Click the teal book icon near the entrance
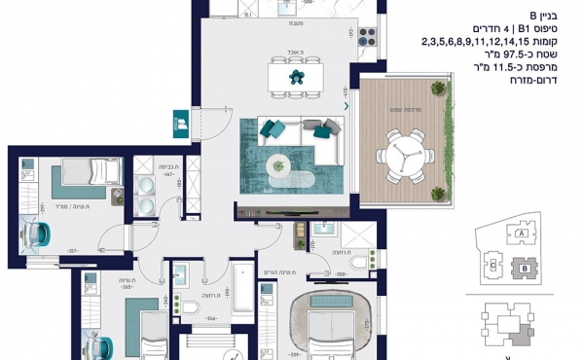(181, 123)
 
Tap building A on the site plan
(522, 234)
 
